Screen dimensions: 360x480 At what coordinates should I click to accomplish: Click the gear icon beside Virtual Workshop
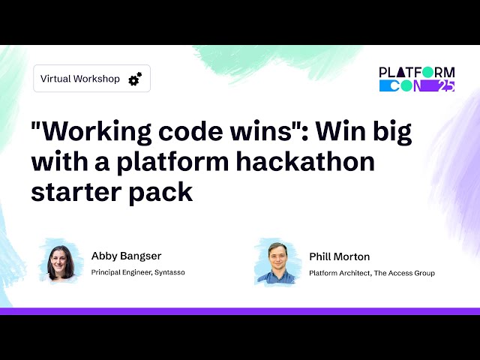coord(135,79)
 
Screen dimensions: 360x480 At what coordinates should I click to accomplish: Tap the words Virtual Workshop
coord(80,79)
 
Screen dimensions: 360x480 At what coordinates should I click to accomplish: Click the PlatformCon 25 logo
coord(417,79)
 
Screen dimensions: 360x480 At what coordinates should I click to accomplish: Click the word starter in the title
coord(68,191)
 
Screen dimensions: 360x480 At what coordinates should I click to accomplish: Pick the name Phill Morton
coord(339,256)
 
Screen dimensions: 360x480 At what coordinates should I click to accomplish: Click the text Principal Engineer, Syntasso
coord(138,272)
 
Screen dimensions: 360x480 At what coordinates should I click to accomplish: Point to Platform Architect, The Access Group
coord(372,273)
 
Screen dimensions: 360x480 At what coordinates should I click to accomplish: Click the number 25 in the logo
coord(445,85)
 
